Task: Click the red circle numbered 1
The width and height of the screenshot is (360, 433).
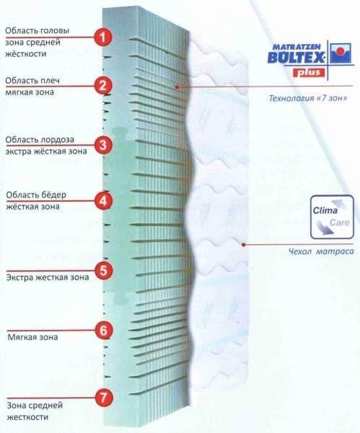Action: [x=102, y=38]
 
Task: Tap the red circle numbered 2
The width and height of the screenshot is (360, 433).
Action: [x=102, y=86]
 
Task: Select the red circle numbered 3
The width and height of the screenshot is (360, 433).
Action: [x=103, y=145]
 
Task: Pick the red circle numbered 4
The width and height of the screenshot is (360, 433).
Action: [x=103, y=201]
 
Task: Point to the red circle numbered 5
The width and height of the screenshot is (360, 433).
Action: [x=103, y=271]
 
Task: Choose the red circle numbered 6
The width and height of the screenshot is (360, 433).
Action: [x=104, y=331]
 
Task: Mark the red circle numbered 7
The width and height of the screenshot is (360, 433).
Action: [x=103, y=398]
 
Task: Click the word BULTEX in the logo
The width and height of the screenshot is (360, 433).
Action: [x=295, y=57]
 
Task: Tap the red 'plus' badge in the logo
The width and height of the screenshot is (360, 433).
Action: [x=309, y=72]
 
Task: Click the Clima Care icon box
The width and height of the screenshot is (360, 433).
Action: [x=332, y=217]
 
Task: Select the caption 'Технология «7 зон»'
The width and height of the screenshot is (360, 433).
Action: [x=308, y=98]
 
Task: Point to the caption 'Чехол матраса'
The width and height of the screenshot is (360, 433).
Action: [x=321, y=251]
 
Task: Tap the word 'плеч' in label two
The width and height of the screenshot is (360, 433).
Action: [x=50, y=81]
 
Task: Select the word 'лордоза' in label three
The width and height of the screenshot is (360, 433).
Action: [x=57, y=140]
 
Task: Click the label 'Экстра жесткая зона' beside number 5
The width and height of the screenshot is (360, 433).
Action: [x=48, y=277]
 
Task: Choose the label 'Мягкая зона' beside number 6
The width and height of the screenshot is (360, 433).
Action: [x=32, y=337]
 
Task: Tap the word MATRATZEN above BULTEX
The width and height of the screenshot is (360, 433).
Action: [x=297, y=47]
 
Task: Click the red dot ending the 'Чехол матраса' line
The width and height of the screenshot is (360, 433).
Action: [x=243, y=245]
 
